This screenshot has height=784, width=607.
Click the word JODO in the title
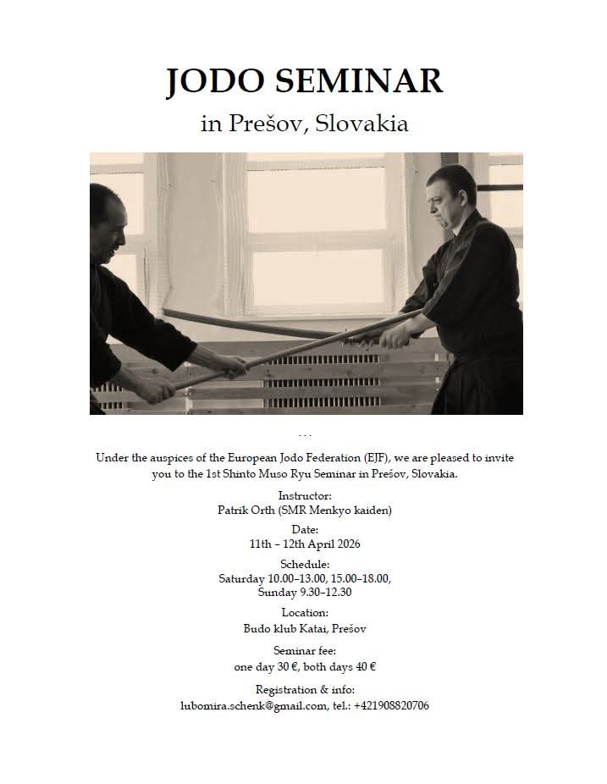[217, 81]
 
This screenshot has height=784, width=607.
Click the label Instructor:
[304, 494]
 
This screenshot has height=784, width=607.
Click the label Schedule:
[304, 564]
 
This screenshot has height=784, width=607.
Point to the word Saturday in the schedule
[241, 578]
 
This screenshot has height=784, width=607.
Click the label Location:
[304, 612]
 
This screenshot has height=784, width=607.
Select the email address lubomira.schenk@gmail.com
[253, 705]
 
